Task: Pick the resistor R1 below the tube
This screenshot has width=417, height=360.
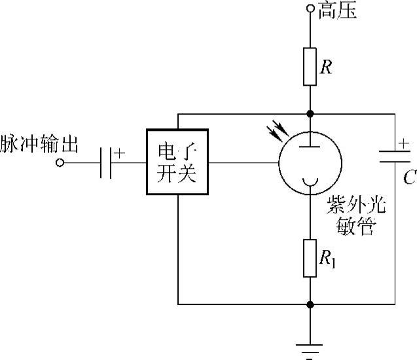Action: coord(310,257)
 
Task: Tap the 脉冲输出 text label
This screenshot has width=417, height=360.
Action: coord(39,145)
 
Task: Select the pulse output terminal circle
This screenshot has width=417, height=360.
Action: coord(60,162)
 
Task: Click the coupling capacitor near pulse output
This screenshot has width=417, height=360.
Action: coord(107,162)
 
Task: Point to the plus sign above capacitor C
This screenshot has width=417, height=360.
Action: coord(404,141)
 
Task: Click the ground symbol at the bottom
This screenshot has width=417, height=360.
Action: coord(310,346)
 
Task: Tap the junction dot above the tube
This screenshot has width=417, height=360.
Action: coord(310,114)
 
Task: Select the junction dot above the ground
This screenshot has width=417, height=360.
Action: coord(310,304)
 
